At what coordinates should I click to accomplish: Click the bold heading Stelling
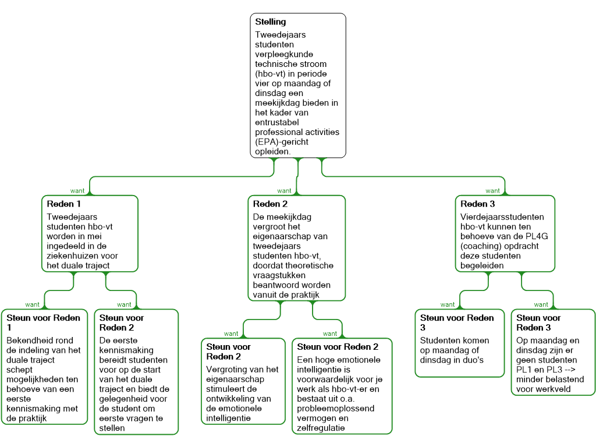(271, 22)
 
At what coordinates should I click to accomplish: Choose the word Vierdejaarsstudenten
(502, 216)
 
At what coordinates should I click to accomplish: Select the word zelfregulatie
(321, 428)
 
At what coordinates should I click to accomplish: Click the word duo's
(473, 360)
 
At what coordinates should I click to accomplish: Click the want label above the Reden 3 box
(492, 191)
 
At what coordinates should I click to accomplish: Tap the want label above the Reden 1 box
(77, 191)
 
